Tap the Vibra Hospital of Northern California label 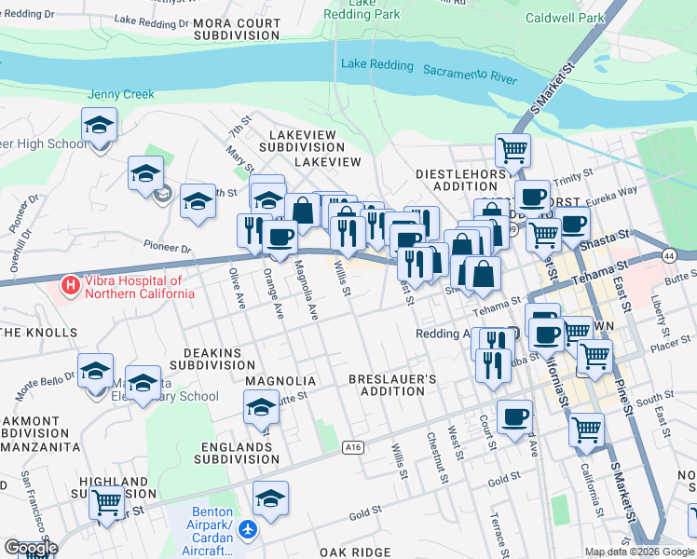click(x=140, y=287)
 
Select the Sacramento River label click(x=470, y=74)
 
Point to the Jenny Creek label click(x=121, y=94)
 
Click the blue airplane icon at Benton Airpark click(x=247, y=530)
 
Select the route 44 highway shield click(x=669, y=254)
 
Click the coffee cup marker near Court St click(x=513, y=416)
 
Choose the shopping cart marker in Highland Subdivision click(x=107, y=502)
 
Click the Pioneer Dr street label click(x=167, y=250)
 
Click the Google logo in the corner click(x=31, y=547)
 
